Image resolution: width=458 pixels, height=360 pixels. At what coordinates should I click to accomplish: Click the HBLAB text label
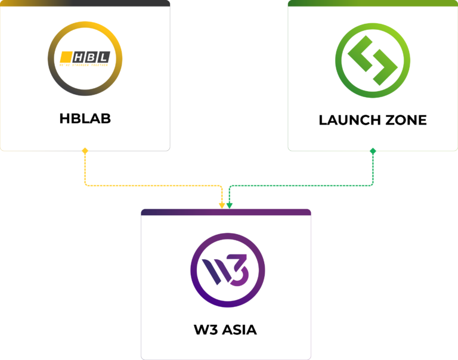(85, 118)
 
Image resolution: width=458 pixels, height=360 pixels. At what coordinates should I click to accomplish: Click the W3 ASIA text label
(225, 329)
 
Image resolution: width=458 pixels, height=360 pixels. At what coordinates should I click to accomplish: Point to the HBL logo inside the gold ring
(85, 58)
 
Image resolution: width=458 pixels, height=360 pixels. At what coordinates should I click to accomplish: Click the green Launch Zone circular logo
(373, 58)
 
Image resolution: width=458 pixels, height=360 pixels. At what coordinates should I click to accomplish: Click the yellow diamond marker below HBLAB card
(85, 151)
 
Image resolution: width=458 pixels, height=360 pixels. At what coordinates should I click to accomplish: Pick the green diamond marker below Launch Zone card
(373, 151)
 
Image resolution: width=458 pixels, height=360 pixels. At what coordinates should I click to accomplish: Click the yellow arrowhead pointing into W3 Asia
(222, 206)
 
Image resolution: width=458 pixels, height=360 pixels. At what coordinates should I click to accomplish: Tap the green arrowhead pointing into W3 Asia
(230, 206)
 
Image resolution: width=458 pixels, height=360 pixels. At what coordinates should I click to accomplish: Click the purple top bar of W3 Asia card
(225, 212)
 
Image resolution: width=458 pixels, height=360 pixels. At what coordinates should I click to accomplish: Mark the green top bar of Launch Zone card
(373, 3)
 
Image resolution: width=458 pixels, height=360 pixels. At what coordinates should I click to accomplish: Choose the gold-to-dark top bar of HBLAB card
(85, 3)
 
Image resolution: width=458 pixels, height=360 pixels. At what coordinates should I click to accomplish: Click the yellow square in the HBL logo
(65, 57)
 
